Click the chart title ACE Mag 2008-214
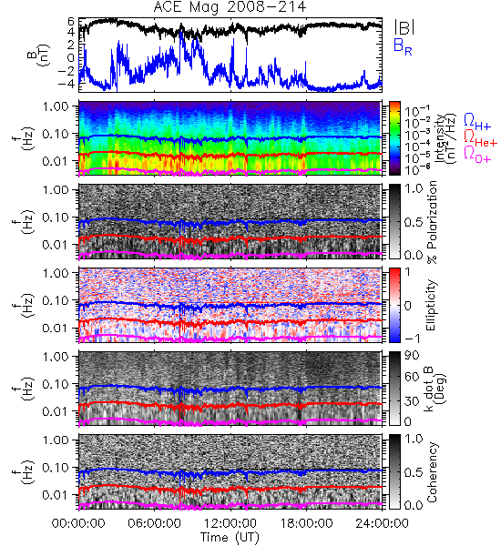[x=230, y=7]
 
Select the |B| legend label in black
[x=404, y=27]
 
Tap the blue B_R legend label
[x=403, y=47]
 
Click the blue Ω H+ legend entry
[x=477, y=122]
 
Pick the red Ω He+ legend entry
[x=480, y=138]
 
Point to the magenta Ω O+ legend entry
[x=477, y=155]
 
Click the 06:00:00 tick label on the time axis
[x=154, y=523]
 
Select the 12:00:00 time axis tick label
[x=230, y=523]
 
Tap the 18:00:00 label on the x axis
[x=306, y=523]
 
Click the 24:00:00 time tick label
[x=382, y=523]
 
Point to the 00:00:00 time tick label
[x=78, y=523]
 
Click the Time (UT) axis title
[x=230, y=537]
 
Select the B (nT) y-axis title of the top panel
[x=39, y=55]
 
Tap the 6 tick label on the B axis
[x=71, y=22]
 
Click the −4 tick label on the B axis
[x=66, y=84]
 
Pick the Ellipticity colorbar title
[x=431, y=305]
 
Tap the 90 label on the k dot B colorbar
[x=412, y=355]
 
